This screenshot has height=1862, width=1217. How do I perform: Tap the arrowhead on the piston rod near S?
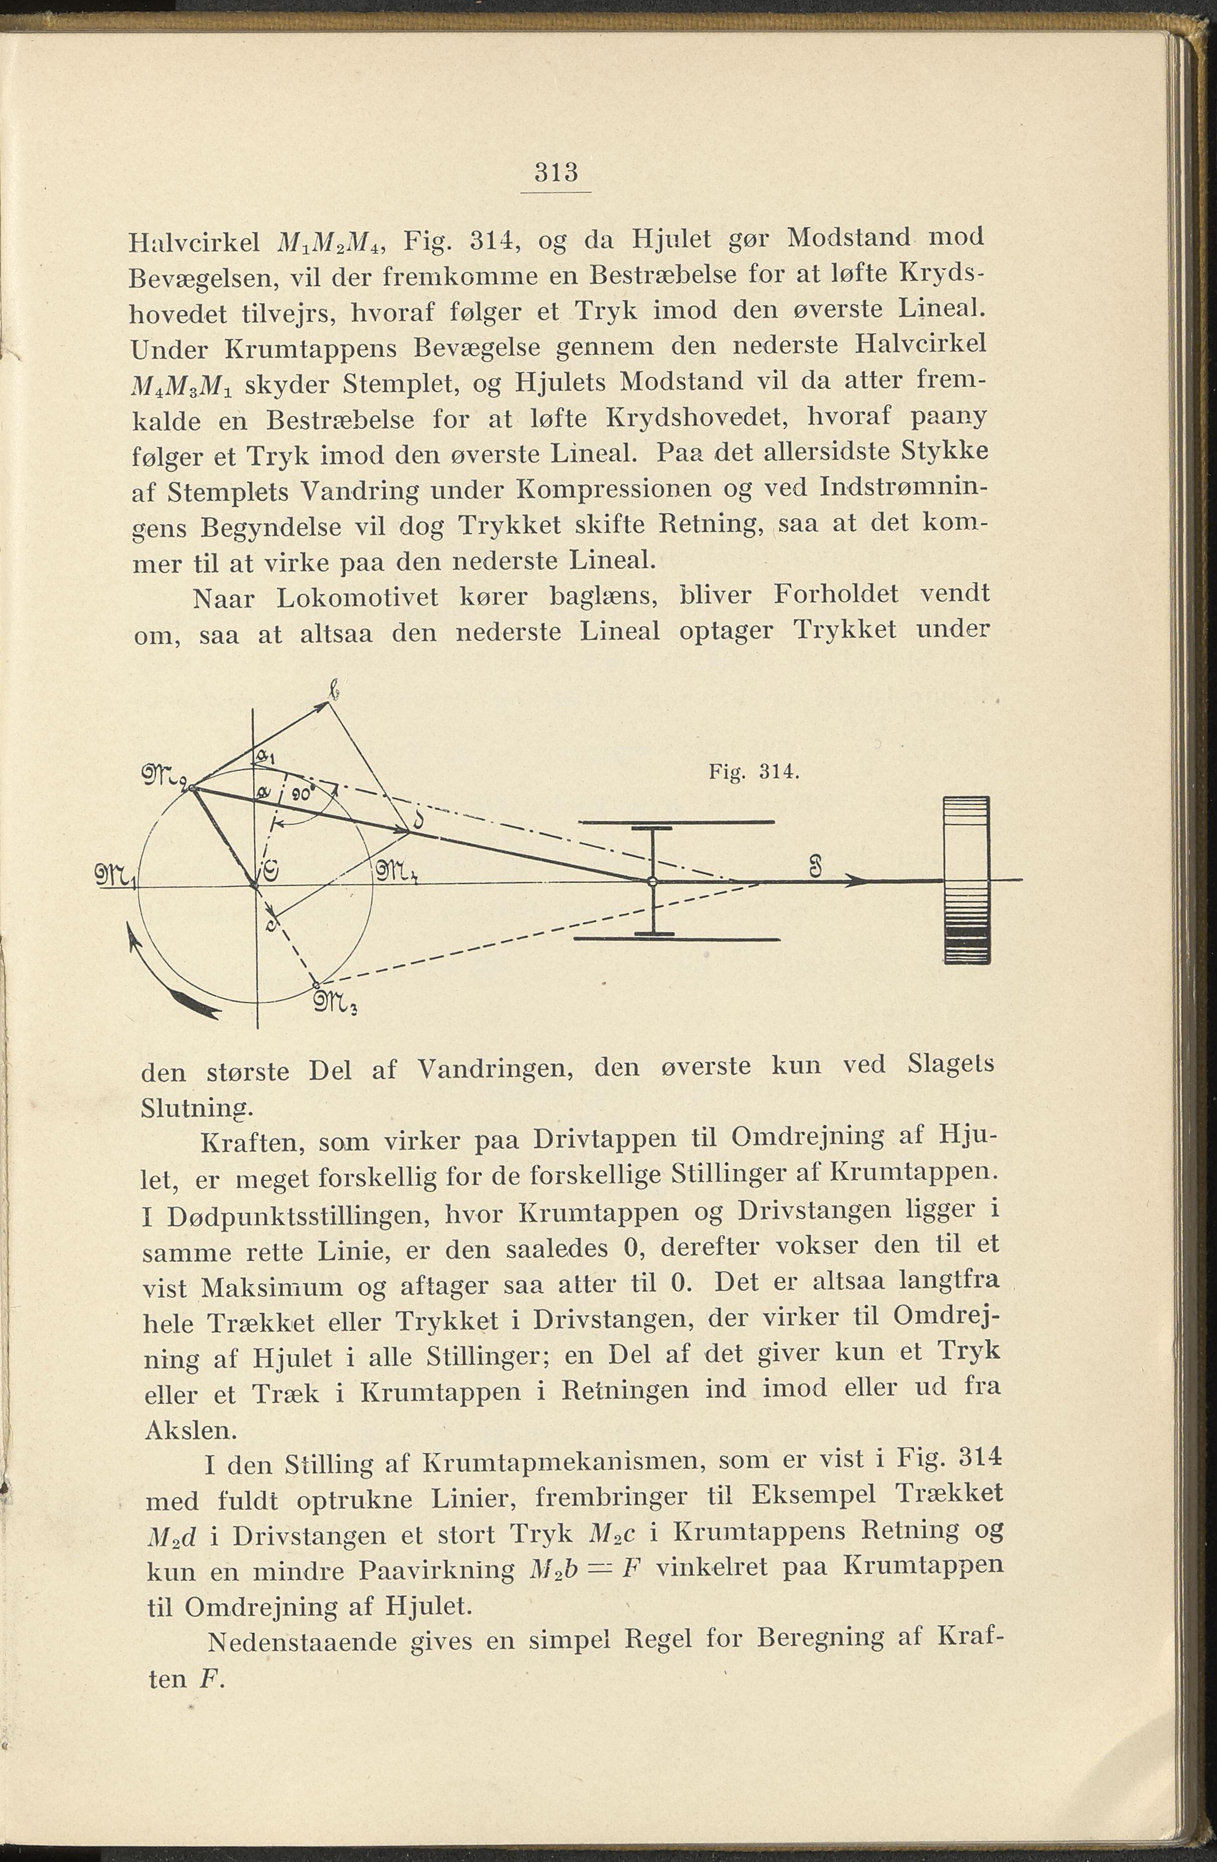858,881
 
